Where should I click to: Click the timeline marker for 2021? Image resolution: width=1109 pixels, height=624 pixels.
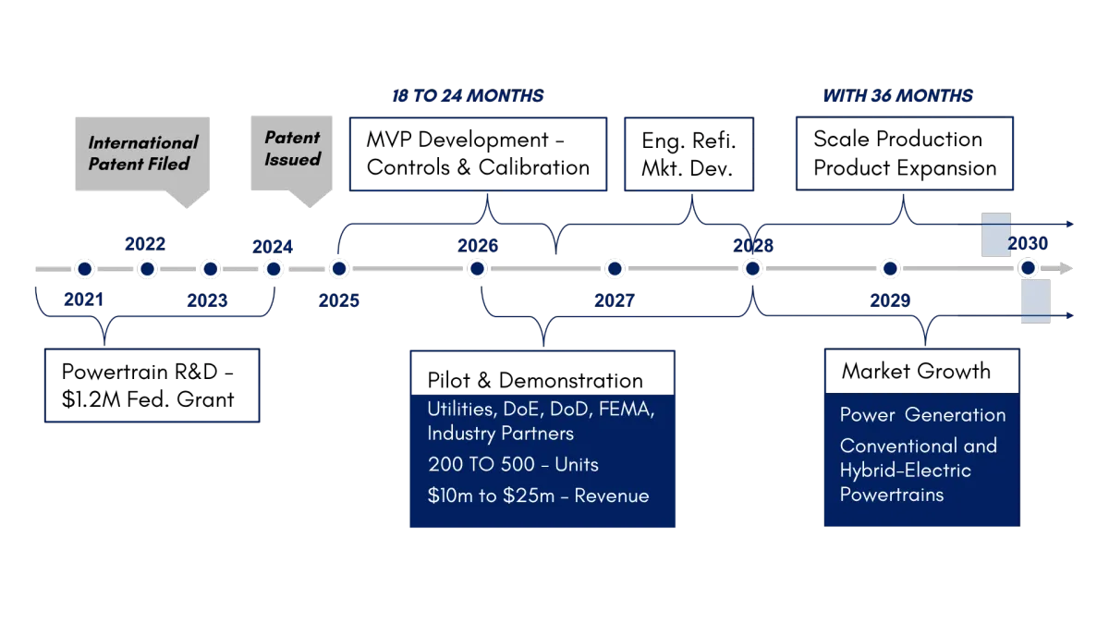click(x=85, y=269)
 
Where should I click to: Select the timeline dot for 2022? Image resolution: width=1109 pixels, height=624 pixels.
click(x=146, y=269)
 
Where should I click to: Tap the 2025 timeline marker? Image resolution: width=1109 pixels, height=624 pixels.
click(x=339, y=269)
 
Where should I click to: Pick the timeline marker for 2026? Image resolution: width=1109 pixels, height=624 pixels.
click(x=477, y=269)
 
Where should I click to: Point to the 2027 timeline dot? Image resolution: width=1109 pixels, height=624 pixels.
click(x=615, y=269)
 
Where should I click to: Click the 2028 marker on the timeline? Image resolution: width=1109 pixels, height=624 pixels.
click(x=752, y=269)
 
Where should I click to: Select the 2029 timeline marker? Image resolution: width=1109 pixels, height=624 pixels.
click(x=890, y=269)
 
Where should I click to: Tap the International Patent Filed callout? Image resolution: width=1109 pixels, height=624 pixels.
click(x=143, y=153)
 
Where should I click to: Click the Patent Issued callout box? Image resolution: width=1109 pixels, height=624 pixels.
click(x=292, y=149)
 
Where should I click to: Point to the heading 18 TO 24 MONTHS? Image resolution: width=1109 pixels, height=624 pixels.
click(x=468, y=96)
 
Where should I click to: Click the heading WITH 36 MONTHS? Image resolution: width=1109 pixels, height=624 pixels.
click(x=897, y=96)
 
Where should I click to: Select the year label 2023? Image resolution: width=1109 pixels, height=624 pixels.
click(x=207, y=301)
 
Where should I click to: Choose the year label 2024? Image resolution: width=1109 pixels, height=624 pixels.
click(x=274, y=247)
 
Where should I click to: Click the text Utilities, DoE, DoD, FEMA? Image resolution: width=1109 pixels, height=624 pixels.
click(x=541, y=410)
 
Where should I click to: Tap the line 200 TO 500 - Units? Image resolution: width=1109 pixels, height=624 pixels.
click(x=507, y=464)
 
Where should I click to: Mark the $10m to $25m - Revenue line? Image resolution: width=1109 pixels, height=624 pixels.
click(x=538, y=496)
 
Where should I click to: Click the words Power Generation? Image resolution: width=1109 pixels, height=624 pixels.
click(x=922, y=414)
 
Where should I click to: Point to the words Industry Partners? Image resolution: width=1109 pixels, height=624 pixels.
click(x=500, y=434)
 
